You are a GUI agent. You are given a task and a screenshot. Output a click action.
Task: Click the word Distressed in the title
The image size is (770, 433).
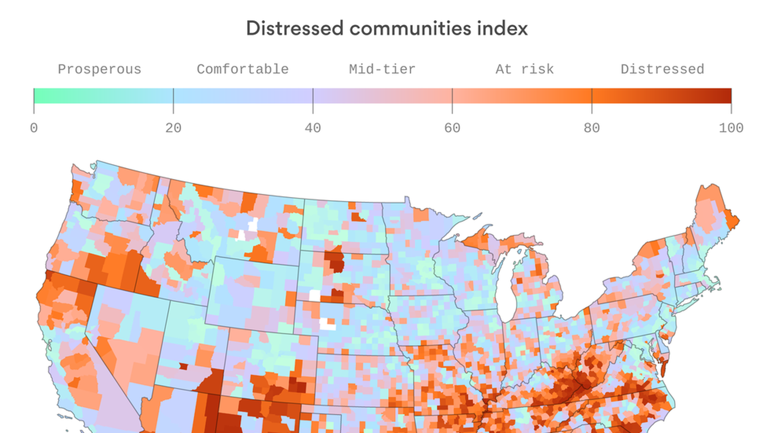(295, 28)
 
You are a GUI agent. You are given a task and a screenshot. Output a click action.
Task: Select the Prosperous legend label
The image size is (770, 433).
(99, 69)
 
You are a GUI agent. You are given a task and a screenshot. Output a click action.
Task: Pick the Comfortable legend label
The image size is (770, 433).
(243, 69)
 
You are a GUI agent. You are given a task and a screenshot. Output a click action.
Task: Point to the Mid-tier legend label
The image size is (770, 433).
(382, 69)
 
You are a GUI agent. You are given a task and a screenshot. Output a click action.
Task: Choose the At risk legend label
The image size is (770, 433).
(525, 69)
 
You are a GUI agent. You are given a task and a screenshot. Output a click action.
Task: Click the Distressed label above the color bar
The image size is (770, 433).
(662, 69)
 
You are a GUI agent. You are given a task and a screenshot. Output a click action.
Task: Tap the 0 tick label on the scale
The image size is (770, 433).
(34, 128)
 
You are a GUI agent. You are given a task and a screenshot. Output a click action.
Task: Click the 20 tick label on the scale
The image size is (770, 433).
(173, 128)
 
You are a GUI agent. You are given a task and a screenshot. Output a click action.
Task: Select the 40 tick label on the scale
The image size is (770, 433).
(313, 128)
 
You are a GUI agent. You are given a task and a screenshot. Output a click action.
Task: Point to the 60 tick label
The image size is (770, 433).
(452, 128)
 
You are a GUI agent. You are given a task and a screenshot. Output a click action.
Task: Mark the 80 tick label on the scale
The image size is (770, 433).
(592, 128)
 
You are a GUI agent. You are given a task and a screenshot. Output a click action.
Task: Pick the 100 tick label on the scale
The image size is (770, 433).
(731, 128)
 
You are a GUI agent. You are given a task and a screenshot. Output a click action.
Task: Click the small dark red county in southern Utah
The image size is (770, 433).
(183, 366)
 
